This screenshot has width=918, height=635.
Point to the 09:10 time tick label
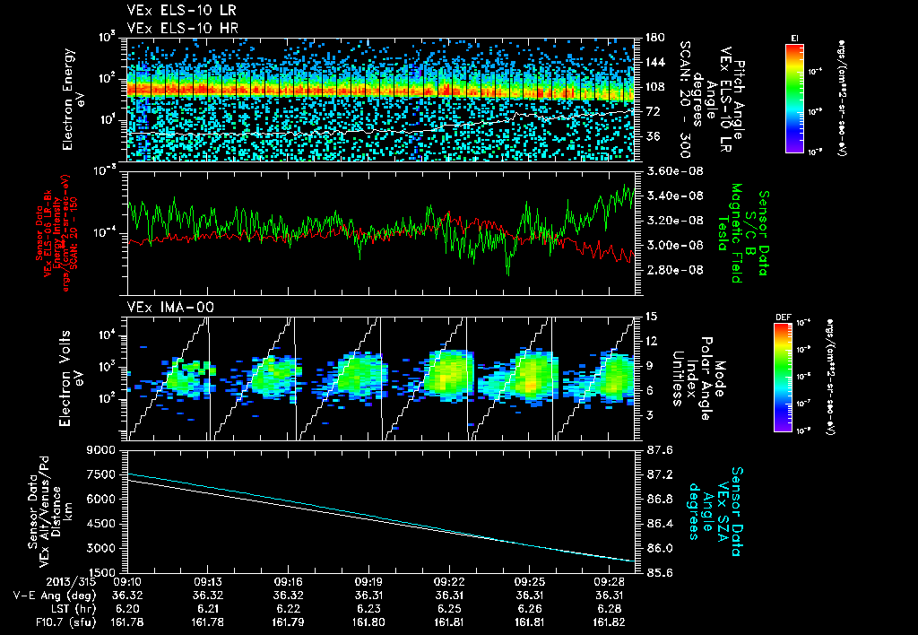point(130,581)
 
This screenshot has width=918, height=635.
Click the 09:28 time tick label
point(609,581)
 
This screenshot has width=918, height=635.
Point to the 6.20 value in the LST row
point(130,607)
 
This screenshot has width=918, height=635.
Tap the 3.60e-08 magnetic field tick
point(672,170)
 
